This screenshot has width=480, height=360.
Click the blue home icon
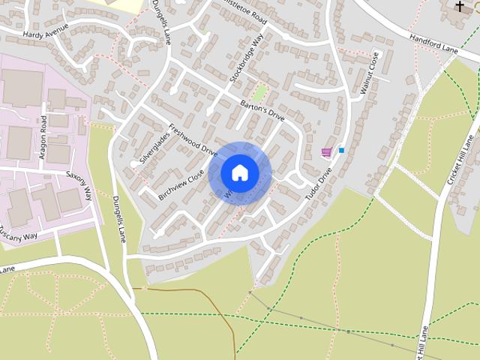pyautogui.click(x=240, y=173)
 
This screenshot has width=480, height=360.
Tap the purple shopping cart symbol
pyautogui.click(x=326, y=152)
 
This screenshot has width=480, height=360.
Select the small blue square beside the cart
pyautogui.click(x=342, y=150)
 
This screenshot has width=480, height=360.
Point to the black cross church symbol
pyautogui.click(x=460, y=6)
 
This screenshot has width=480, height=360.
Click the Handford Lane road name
pyautogui.click(x=433, y=43)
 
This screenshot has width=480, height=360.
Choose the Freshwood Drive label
pyautogui.click(x=193, y=139)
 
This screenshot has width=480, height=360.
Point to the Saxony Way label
pyautogui.click(x=78, y=184)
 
